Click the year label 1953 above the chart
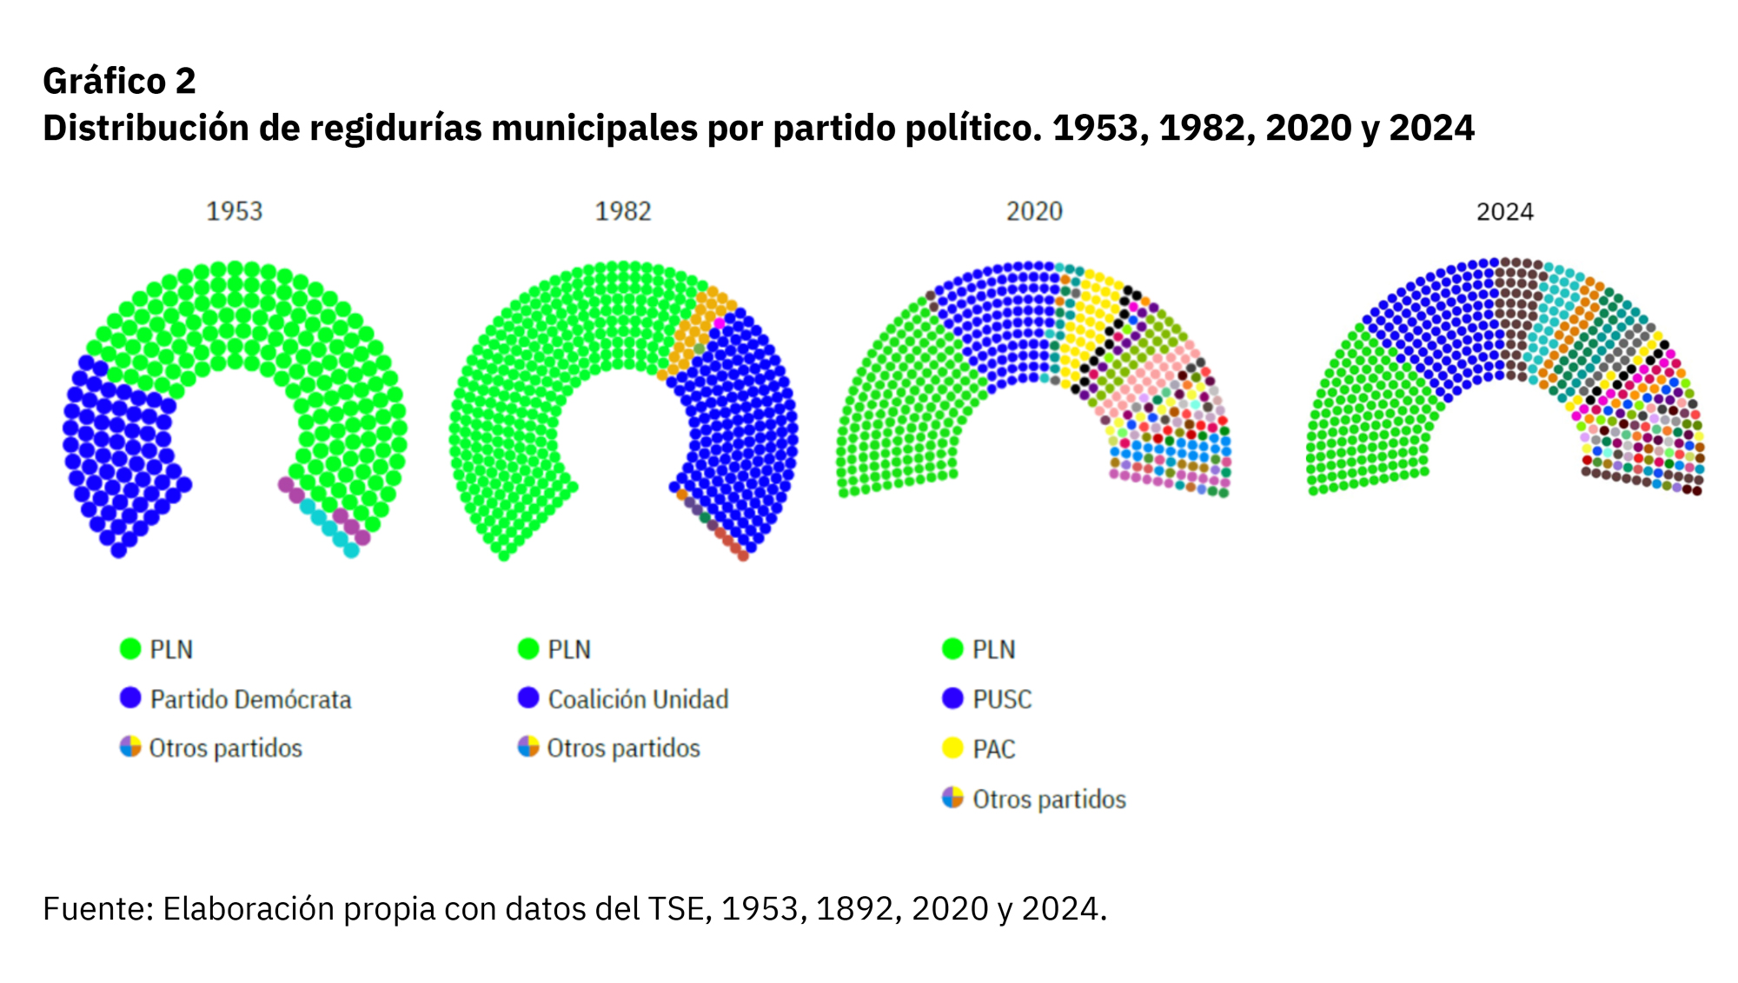point(234,211)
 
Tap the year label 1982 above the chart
point(622,211)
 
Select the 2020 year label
point(1034,211)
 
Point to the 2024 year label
point(1504,211)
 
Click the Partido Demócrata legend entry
point(250,699)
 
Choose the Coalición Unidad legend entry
point(638,699)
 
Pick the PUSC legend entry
point(1001,699)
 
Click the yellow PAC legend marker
point(953,748)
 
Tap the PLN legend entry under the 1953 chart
point(171,649)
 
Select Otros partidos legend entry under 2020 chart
point(1048,799)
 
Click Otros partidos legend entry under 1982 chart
point(622,748)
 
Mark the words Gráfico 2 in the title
point(119,81)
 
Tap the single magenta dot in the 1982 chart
point(720,323)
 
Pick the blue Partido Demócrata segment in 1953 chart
point(122,452)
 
